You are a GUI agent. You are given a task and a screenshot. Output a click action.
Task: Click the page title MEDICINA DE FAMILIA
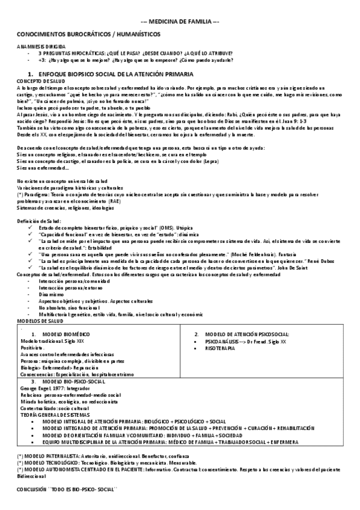click(180, 21)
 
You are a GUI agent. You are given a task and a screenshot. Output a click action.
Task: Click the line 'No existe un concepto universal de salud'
click(63, 180)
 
